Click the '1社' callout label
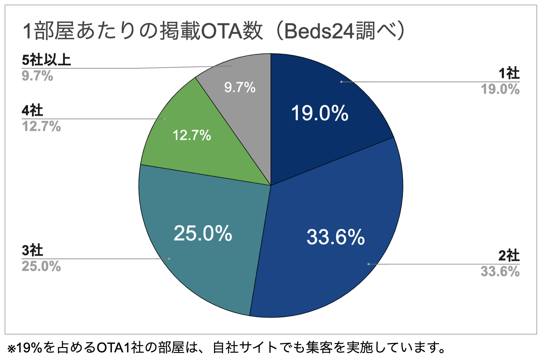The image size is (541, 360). [x=509, y=73]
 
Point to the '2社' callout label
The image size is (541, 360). [x=509, y=256]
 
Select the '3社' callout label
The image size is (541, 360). [x=33, y=250]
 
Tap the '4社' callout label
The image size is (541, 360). [x=33, y=111]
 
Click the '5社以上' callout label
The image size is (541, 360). [x=47, y=60]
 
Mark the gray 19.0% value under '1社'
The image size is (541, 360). [x=500, y=89]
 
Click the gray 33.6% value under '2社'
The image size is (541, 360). [x=500, y=272]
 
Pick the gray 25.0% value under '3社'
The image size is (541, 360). [x=42, y=266]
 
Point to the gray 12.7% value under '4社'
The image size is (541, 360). [x=42, y=127]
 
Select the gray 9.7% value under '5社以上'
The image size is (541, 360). [x=38, y=76]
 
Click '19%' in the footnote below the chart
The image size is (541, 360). [x=29, y=348]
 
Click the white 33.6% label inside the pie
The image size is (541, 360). [x=336, y=237]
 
